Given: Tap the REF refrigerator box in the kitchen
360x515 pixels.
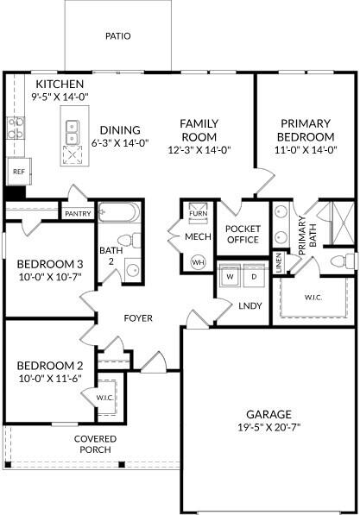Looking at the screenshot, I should click(18, 172).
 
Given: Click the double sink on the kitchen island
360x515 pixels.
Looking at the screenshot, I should click(73, 132).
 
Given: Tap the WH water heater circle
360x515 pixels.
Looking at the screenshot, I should click(198, 261).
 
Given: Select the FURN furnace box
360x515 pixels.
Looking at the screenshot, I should click(198, 212).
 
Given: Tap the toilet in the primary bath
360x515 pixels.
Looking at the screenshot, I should click(343, 260).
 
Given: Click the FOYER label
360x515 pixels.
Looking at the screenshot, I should click(138, 318).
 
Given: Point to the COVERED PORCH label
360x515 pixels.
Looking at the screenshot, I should click(94, 444).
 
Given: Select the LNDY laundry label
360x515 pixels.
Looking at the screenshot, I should click(250, 305).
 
